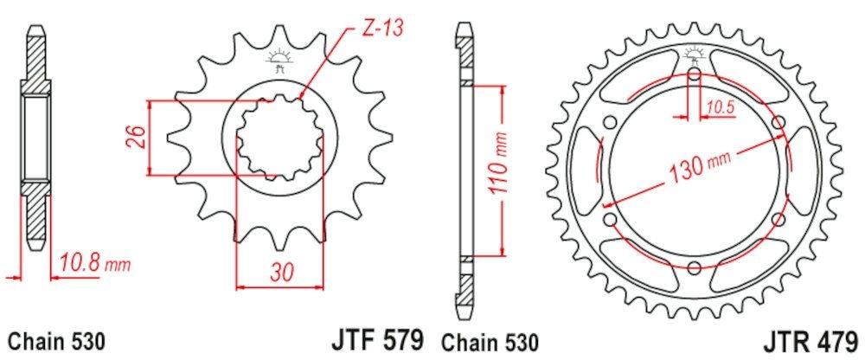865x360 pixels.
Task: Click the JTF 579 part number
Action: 377,340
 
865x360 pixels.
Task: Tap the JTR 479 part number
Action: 811,341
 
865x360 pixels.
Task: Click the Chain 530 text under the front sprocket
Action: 56,342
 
